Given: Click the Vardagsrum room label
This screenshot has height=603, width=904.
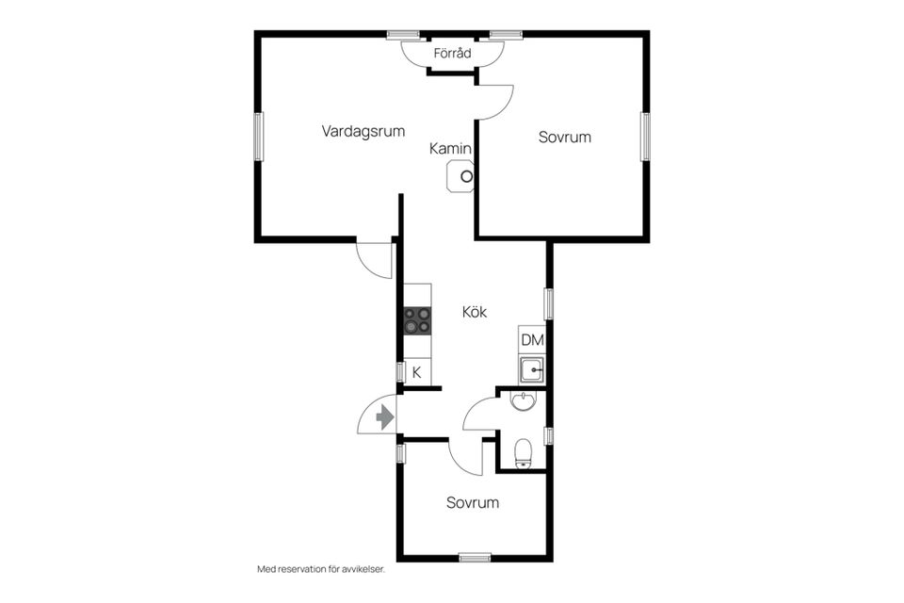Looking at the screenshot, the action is [363, 132].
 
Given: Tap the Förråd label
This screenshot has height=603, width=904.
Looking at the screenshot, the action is [453, 54].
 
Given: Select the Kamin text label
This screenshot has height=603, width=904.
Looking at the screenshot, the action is [450, 149].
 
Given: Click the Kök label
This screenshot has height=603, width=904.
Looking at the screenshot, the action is [475, 312].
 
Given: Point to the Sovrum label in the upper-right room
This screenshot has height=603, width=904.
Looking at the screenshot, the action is [564, 138].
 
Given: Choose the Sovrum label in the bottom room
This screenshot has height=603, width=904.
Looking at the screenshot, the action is [473, 502].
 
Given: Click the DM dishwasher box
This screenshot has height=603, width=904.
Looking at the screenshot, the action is [532, 340].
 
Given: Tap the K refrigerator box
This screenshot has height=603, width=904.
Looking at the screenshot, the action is [417, 373].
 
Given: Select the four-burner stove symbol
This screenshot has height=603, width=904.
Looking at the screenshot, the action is [417, 321].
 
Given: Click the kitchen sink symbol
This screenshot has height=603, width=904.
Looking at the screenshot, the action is [531, 369].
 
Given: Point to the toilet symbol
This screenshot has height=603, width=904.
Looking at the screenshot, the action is [524, 453].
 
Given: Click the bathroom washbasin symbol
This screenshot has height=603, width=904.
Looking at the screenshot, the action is [523, 401].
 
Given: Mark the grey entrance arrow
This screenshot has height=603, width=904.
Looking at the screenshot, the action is [384, 416].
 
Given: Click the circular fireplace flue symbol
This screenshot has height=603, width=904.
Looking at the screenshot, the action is [466, 176].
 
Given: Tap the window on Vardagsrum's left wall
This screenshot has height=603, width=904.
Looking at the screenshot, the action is [259, 137].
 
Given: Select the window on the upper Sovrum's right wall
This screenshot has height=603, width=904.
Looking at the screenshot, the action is [645, 137].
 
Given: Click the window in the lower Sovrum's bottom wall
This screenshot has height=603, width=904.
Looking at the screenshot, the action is [475, 558].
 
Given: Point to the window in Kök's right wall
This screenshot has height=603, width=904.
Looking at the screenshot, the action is [549, 303].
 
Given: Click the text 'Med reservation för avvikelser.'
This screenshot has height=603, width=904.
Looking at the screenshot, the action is [320, 569].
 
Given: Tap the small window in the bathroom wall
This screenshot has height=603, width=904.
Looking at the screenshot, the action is [549, 435].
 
